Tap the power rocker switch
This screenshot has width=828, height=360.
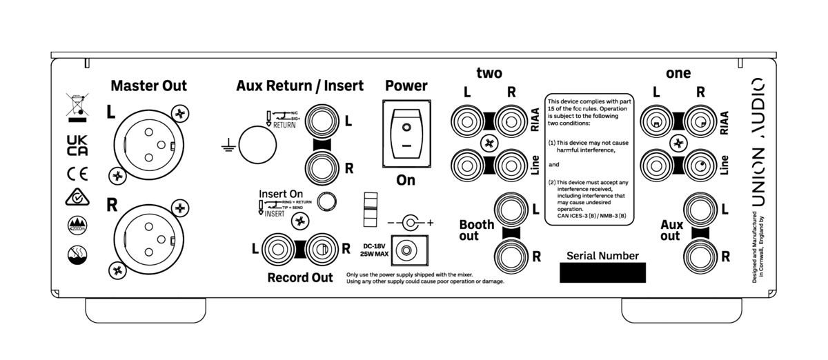coord(406,134)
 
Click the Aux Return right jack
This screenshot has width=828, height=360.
coord(322,167)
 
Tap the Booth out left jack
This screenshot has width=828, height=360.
coord(511,208)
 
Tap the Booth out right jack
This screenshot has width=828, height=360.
coord(511,256)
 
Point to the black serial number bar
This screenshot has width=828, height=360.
coord(602,272)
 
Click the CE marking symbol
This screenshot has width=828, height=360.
coord(77,172)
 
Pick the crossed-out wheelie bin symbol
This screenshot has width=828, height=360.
coord(76,104)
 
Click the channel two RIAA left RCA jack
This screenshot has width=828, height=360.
coord(466,121)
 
